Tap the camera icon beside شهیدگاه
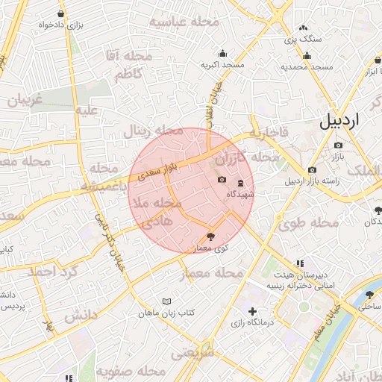pos(222,180)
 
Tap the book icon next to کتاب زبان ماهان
pos(166,301)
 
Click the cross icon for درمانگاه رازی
pos(252,311)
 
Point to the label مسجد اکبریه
pos(222,65)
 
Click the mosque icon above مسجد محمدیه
pos(307,55)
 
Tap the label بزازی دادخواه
pos(60,25)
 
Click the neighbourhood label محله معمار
pos(213,274)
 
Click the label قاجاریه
pos(267,134)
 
